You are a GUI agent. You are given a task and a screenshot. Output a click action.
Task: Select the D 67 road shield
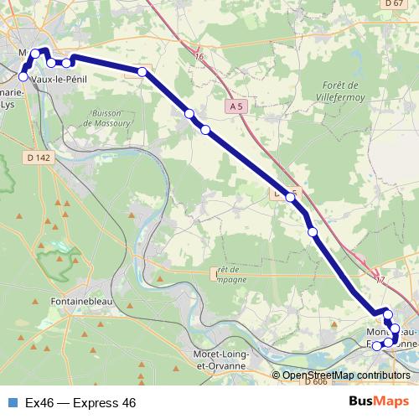[395, 4]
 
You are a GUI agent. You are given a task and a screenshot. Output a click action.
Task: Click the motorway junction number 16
[199, 56]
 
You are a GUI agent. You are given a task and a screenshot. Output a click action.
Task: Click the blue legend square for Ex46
[12, 403]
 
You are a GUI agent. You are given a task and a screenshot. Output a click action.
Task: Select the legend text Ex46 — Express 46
[80, 403]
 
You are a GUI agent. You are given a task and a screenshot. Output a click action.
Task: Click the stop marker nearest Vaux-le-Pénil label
[23, 76]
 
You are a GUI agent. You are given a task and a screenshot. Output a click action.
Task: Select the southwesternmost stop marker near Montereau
[376, 345]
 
